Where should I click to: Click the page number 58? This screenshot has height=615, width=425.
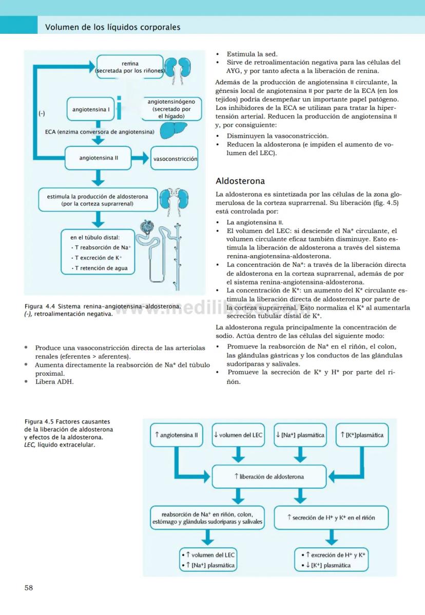click(29, 588)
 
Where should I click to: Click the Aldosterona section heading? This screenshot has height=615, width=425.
click(240, 181)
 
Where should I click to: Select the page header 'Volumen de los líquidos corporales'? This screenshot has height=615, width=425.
click(113, 27)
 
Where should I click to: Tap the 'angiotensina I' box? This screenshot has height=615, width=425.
click(91, 110)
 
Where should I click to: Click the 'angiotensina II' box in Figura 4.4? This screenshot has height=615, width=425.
click(99, 158)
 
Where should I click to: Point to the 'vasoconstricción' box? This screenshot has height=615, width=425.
click(175, 159)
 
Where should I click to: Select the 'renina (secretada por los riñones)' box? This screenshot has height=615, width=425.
click(130, 67)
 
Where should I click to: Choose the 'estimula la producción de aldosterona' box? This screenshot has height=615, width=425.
click(98, 200)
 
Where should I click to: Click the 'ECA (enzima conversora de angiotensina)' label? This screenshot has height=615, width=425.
click(100, 132)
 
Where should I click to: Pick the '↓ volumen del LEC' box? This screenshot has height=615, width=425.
click(238, 435)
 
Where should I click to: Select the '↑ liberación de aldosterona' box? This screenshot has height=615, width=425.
click(269, 476)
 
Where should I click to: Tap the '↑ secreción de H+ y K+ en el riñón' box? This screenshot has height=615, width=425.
click(331, 517)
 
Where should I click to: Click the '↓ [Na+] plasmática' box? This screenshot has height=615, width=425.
click(300, 435)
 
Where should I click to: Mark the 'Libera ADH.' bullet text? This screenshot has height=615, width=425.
click(54, 381)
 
